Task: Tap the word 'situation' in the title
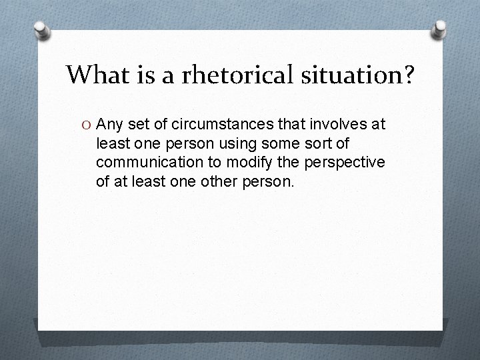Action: [x=353, y=75]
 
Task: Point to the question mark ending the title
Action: [x=407, y=75]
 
